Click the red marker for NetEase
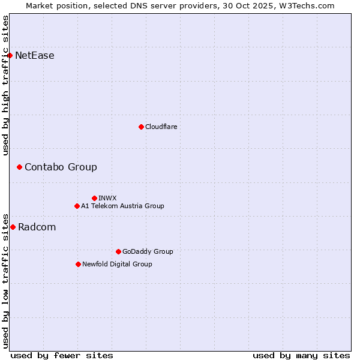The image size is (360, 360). pyautogui.click(x=10, y=56)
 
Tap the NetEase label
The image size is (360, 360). pyautogui.click(x=35, y=56)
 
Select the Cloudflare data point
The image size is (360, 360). pyautogui.click(x=141, y=127)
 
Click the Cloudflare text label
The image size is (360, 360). pyautogui.click(x=161, y=127)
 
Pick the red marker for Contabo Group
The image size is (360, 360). pyautogui.click(x=19, y=167)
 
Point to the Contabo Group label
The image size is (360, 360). pyautogui.click(x=61, y=167)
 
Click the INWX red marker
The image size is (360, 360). pyautogui.click(x=94, y=198)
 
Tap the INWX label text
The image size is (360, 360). pyautogui.click(x=108, y=198)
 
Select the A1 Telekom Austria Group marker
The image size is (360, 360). pyautogui.click(x=77, y=206)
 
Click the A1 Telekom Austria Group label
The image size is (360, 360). pyautogui.click(x=122, y=206)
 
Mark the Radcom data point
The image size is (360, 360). pyautogui.click(x=13, y=227)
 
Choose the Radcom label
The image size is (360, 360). pyautogui.click(x=37, y=227)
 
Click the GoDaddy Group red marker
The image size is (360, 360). pyautogui.click(x=118, y=251)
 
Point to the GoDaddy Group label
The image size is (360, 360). pyautogui.click(x=148, y=251)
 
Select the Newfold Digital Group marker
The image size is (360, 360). pyautogui.click(x=78, y=264)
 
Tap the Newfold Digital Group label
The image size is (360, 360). pyautogui.click(x=117, y=264)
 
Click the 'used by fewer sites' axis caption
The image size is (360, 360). pyautogui.click(x=62, y=355)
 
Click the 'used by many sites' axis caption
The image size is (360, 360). pyautogui.click(x=301, y=355)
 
